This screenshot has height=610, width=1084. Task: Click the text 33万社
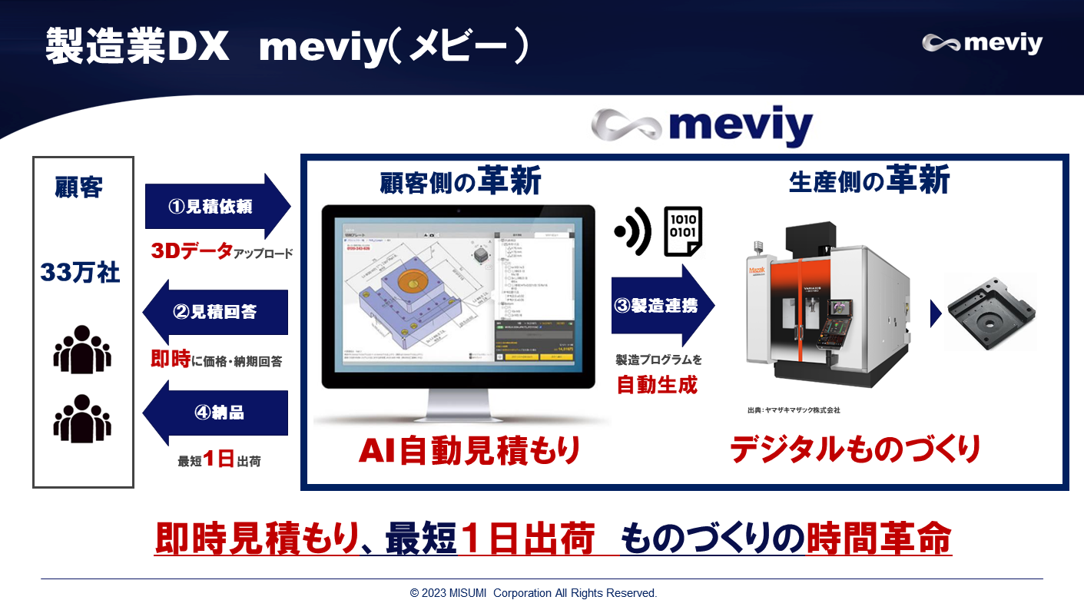click(81, 273)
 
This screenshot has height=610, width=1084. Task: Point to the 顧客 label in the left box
click(79, 187)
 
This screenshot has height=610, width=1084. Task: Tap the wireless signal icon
click(635, 230)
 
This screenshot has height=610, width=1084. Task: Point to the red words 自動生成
click(657, 384)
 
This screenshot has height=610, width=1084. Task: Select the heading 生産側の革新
click(869, 182)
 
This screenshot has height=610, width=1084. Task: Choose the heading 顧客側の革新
click(460, 182)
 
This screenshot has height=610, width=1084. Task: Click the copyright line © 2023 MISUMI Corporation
click(533, 593)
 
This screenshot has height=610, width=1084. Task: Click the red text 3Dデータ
click(191, 250)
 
